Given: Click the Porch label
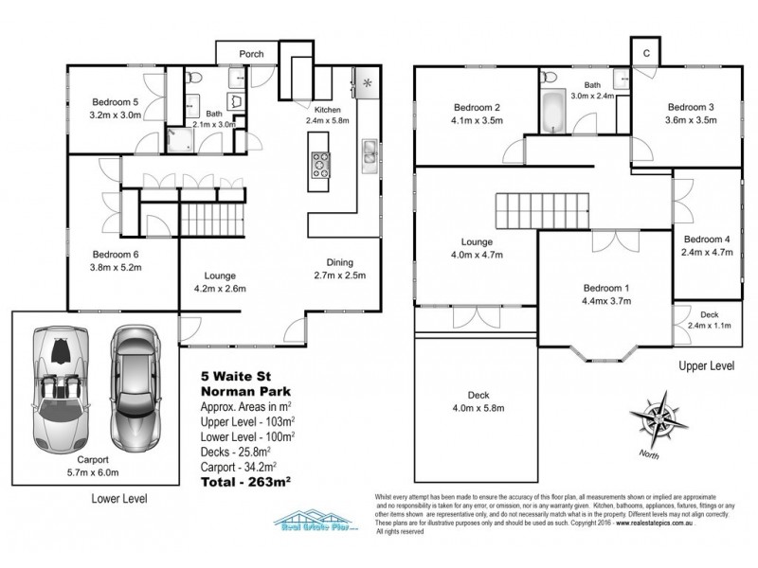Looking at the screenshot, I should pyautogui.click(x=251, y=53).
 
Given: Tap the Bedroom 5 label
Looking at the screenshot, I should pyautogui.click(x=116, y=102).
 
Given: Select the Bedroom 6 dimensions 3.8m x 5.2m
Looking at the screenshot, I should pyautogui.click(x=116, y=268).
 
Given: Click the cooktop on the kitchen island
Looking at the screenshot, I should pyautogui.click(x=321, y=165).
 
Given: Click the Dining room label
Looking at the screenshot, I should pyautogui.click(x=339, y=263).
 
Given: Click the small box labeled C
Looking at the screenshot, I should pyautogui.click(x=646, y=53).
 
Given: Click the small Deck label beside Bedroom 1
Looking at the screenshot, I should pyautogui.click(x=709, y=314).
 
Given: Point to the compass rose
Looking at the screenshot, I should pyautogui.click(x=653, y=419).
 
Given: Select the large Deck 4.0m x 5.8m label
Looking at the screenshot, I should pyautogui.click(x=478, y=402).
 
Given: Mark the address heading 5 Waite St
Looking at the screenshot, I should pyautogui.click(x=234, y=374).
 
